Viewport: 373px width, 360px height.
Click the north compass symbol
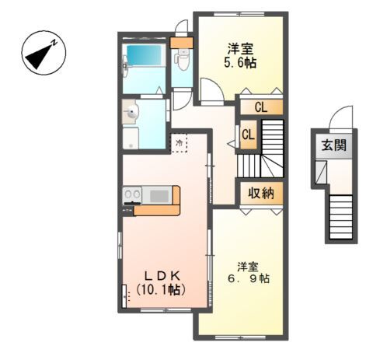point(44,53)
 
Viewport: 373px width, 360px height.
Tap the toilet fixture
point(182,60)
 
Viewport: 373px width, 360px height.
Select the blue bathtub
point(144,56)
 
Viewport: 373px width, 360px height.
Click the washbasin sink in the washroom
point(131,112)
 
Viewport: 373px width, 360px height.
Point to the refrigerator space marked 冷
point(179,142)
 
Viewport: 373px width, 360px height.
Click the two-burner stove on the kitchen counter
point(132,194)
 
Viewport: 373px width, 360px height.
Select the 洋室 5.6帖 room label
point(240,56)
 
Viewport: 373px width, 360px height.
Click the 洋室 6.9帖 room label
point(249,272)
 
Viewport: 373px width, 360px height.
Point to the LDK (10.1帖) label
point(161,283)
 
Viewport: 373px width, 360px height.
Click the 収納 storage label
point(261,193)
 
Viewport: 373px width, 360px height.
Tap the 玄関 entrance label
point(334,145)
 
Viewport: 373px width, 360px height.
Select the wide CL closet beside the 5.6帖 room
point(261,107)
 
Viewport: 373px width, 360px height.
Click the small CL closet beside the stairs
point(249,135)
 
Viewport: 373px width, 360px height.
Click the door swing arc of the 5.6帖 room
point(214,90)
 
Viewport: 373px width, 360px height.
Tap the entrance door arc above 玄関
point(340,116)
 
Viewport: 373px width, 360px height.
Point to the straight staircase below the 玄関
point(340,217)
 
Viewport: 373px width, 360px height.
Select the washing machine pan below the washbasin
point(131,138)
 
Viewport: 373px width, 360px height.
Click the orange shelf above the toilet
point(182,43)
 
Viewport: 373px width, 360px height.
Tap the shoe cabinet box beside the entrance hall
point(321,172)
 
